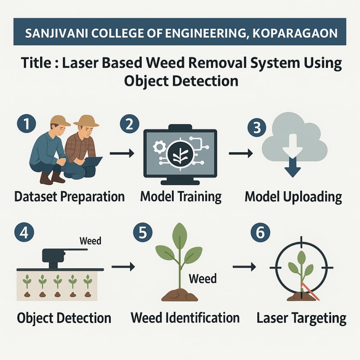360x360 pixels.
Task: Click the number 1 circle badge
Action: coord(27,124)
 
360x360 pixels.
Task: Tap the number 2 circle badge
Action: coord(130,124)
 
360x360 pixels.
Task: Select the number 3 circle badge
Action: coord(257,127)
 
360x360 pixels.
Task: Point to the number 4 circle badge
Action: coord(24,232)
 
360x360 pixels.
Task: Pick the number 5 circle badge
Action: coord(143,232)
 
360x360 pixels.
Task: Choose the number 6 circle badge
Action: coord(261,232)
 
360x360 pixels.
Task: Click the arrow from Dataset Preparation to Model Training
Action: coord(122,153)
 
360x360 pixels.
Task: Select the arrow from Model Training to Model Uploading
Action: coord(241,153)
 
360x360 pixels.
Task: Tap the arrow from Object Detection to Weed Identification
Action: coord(123,266)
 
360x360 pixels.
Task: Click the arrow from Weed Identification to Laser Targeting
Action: coord(244,266)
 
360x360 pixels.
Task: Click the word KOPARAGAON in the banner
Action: coord(295,33)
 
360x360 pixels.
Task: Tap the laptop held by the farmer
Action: coord(94,161)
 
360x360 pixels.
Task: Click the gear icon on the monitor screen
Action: coord(160,147)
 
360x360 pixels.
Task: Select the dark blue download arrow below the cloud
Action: coord(292,167)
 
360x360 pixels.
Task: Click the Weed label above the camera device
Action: coord(90,241)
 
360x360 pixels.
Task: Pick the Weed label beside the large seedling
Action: coord(203,279)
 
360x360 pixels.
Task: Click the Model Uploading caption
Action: coord(293,197)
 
